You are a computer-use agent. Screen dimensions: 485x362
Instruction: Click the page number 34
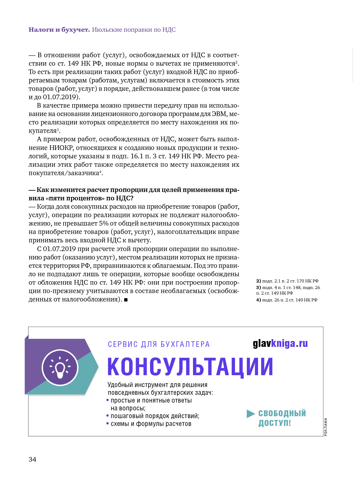(x=32, y=459)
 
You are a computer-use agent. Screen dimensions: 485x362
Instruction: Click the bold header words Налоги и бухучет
(x=59, y=30)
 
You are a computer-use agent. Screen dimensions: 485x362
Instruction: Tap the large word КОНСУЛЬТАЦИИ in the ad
(x=190, y=367)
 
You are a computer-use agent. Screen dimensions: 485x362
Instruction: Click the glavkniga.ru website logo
(x=280, y=343)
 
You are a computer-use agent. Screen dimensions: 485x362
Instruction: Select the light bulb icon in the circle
(x=60, y=368)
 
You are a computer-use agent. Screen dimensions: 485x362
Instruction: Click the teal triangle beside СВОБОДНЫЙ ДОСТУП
(x=251, y=413)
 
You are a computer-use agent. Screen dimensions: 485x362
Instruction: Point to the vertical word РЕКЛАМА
(x=326, y=427)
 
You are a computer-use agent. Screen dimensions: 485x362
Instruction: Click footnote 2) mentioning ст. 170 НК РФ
(x=287, y=281)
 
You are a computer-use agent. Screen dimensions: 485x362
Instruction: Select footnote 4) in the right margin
(x=287, y=300)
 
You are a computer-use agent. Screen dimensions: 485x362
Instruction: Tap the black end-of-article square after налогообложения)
(x=126, y=300)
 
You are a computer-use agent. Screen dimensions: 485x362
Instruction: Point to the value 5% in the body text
(x=104, y=223)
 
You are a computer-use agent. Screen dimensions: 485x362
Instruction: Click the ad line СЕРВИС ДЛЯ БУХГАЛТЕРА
(x=159, y=344)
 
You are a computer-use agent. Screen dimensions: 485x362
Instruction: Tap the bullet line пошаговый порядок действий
(x=155, y=416)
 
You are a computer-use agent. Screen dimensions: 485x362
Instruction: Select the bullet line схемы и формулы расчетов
(x=151, y=424)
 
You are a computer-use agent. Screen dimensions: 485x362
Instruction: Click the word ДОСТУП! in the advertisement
(x=275, y=423)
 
